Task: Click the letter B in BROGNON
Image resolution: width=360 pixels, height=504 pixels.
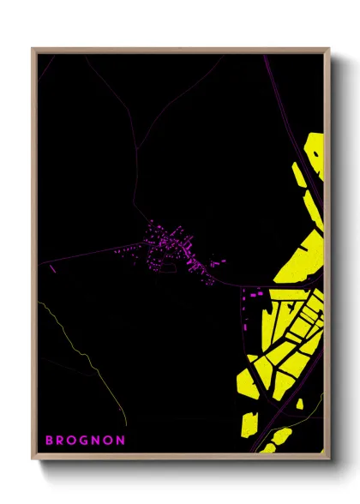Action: click(49, 440)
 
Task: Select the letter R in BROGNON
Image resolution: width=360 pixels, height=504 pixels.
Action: click(61, 440)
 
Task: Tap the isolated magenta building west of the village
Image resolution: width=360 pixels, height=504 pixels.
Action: click(52, 269)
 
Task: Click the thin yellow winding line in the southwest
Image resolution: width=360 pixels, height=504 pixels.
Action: click(86, 351)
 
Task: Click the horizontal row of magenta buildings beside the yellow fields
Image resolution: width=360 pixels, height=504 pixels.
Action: click(255, 294)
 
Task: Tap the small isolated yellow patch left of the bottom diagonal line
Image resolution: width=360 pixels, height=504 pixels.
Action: click(249, 422)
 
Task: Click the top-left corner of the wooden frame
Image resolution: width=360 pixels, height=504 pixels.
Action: click(33, 50)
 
